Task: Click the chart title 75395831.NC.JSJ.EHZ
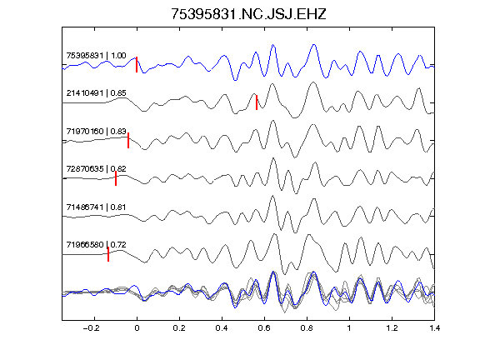[x=248, y=14]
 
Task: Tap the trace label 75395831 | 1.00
[x=96, y=55]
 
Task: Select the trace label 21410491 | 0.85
[x=96, y=93]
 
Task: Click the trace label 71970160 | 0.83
[x=96, y=132]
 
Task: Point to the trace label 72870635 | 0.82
[x=96, y=169]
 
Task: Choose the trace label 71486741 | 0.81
[x=96, y=207]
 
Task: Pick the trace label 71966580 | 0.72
[x=96, y=245]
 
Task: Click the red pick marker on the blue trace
[x=137, y=65]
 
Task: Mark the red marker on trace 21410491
[x=257, y=102]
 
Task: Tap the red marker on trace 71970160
[x=128, y=140]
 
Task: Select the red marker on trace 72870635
[x=116, y=178]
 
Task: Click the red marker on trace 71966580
[x=108, y=254]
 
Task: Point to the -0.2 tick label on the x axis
[x=92, y=328]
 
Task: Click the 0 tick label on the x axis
[x=137, y=328]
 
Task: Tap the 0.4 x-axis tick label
[x=222, y=328]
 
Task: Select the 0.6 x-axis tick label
[x=264, y=328]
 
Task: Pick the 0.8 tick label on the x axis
[x=307, y=328]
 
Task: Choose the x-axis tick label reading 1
[x=349, y=328]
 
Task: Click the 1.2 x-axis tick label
[x=392, y=328]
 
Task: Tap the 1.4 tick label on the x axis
[x=434, y=328]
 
